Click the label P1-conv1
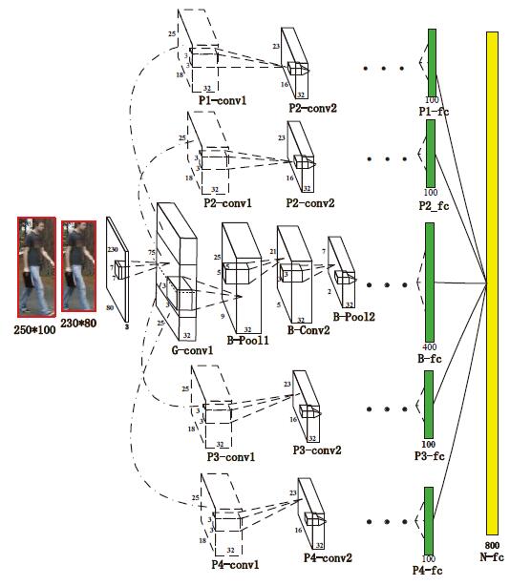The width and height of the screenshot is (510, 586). click(x=223, y=100)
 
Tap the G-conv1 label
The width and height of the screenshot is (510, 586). click(x=192, y=350)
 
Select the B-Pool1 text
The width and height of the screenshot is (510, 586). click(x=248, y=340)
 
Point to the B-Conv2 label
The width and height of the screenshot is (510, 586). click(x=308, y=330)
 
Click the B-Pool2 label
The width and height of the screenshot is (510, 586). click(x=353, y=317)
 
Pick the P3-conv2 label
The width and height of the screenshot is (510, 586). click(x=317, y=450)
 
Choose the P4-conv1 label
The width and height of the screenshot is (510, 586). click(x=235, y=564)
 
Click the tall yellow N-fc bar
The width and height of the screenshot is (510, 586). click(x=492, y=283)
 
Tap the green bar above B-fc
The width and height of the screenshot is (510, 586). click(x=430, y=283)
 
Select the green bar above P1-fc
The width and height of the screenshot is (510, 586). click(x=432, y=63)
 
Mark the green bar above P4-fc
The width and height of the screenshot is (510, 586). click(x=429, y=520)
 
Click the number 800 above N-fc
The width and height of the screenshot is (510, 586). click(x=492, y=545)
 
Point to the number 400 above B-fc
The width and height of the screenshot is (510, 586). click(x=430, y=347)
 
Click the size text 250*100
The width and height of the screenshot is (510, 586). click(x=34, y=329)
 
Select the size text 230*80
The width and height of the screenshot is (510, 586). click(x=78, y=323)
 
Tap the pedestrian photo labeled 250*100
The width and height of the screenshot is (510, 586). click(x=36, y=267)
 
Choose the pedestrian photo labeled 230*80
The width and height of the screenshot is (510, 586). click(x=78, y=265)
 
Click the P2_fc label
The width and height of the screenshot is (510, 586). click(x=434, y=206)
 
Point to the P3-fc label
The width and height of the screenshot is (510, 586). click(x=429, y=456)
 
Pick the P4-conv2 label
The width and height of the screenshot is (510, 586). click(x=328, y=558)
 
